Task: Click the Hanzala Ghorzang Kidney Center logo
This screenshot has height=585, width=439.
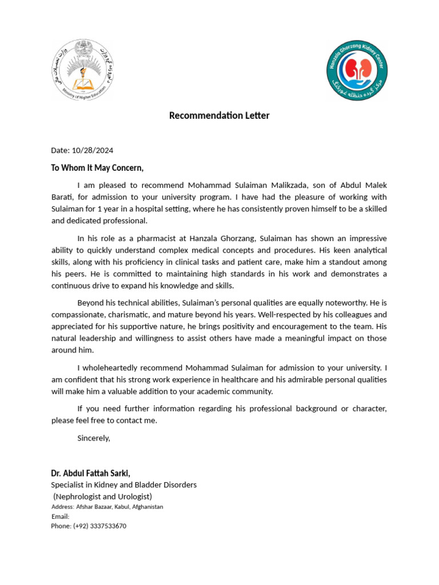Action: (x=356, y=69)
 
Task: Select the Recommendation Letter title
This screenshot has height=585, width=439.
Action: (x=219, y=115)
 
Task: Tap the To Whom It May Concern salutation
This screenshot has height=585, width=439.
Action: (x=97, y=168)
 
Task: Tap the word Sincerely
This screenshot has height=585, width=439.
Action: (x=93, y=438)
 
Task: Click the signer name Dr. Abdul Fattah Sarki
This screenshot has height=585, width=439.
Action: (x=90, y=473)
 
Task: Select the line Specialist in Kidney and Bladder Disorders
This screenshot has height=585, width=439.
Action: (x=123, y=484)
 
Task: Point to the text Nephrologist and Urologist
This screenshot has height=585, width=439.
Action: (x=103, y=496)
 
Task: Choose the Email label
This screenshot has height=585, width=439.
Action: (x=60, y=516)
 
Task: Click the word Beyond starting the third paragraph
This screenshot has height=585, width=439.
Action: (x=91, y=302)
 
